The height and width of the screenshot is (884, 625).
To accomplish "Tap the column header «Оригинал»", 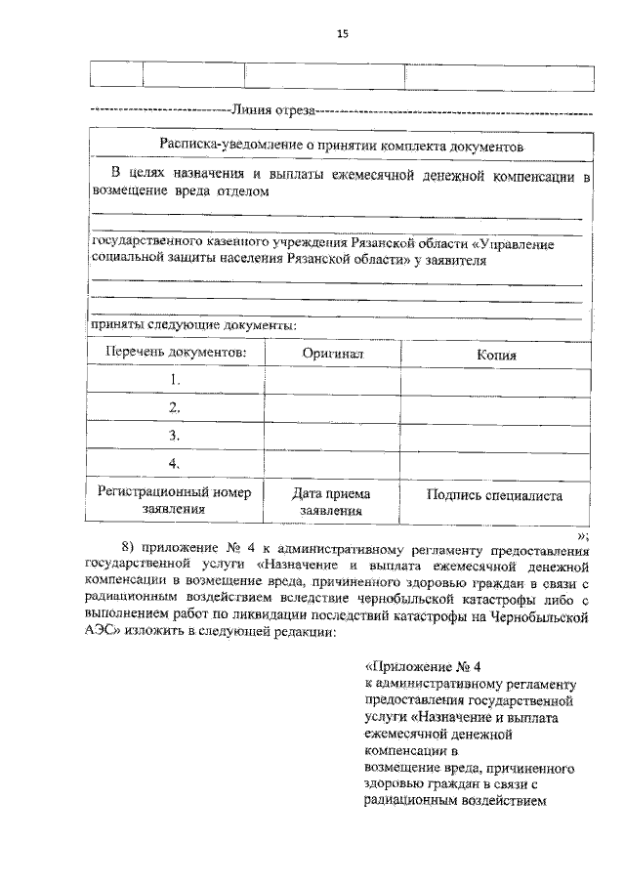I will coord(333,355).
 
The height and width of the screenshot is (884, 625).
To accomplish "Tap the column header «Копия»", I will coord(496,356).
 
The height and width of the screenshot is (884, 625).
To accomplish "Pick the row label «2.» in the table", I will coord(175,407).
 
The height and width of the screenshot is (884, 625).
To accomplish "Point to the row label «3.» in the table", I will coord(175,436).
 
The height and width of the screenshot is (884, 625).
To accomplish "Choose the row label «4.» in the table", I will coord(175,463).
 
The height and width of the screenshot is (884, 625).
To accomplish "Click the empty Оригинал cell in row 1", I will coord(333,381).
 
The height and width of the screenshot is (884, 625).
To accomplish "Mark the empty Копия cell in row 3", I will coord(496,437).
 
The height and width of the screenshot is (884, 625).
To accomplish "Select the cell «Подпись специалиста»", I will coord(494,495).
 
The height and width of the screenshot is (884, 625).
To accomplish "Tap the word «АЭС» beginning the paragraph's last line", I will coord(101,631).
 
